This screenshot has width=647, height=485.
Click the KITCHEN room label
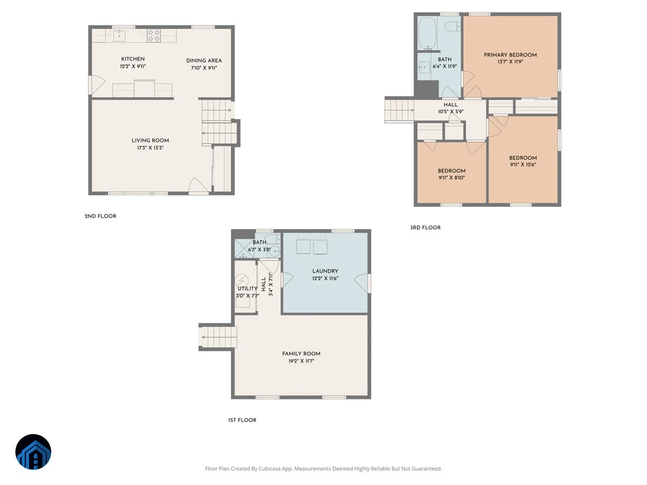[x=133, y=59]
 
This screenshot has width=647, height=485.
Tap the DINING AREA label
[x=204, y=60]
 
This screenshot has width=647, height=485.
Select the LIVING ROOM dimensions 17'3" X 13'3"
[x=150, y=148]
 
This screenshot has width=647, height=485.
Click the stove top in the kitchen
[x=154, y=36]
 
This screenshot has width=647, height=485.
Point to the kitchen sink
[x=119, y=36]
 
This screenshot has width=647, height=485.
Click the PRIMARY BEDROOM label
[x=510, y=55]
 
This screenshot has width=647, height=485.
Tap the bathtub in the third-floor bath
[x=427, y=33]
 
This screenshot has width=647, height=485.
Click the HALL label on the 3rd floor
[x=450, y=105]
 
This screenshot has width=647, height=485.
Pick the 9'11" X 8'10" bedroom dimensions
[x=452, y=178]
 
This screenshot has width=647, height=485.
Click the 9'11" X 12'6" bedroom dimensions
[x=523, y=164]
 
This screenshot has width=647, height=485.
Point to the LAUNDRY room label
[x=325, y=271]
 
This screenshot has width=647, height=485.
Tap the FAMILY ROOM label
[x=301, y=354]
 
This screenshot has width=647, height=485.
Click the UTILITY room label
[x=247, y=288]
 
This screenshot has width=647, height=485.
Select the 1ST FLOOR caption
[x=242, y=420]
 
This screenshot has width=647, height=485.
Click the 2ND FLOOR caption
[x=100, y=216]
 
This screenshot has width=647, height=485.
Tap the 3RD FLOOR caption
[x=425, y=227]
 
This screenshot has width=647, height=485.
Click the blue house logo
[x=33, y=452]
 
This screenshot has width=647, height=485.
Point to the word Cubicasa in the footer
[x=270, y=468]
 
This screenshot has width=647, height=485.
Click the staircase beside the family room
[x=218, y=337]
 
